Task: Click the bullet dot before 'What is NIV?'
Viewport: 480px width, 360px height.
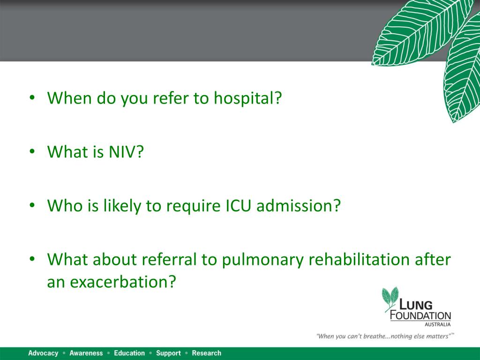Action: pos(32,152)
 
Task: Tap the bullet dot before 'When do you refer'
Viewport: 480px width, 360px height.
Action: pos(32,99)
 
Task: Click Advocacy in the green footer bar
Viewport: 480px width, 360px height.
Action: pos(43,353)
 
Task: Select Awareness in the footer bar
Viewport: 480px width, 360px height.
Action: pos(86,353)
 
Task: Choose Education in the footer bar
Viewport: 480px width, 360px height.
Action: pos(129,353)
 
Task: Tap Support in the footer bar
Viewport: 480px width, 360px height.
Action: pos(168,353)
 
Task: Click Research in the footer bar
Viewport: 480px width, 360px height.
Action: pos(206,353)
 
